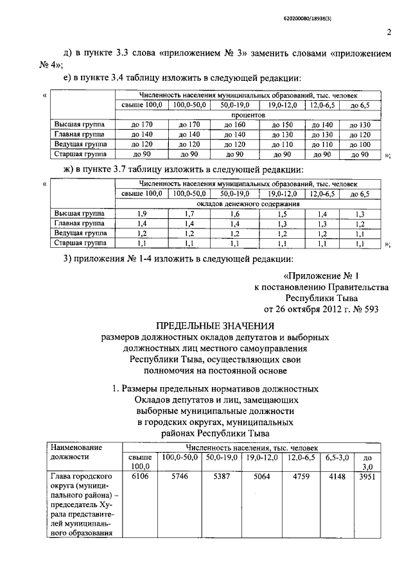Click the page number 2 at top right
389,33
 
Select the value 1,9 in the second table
142,213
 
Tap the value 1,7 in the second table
189,213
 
